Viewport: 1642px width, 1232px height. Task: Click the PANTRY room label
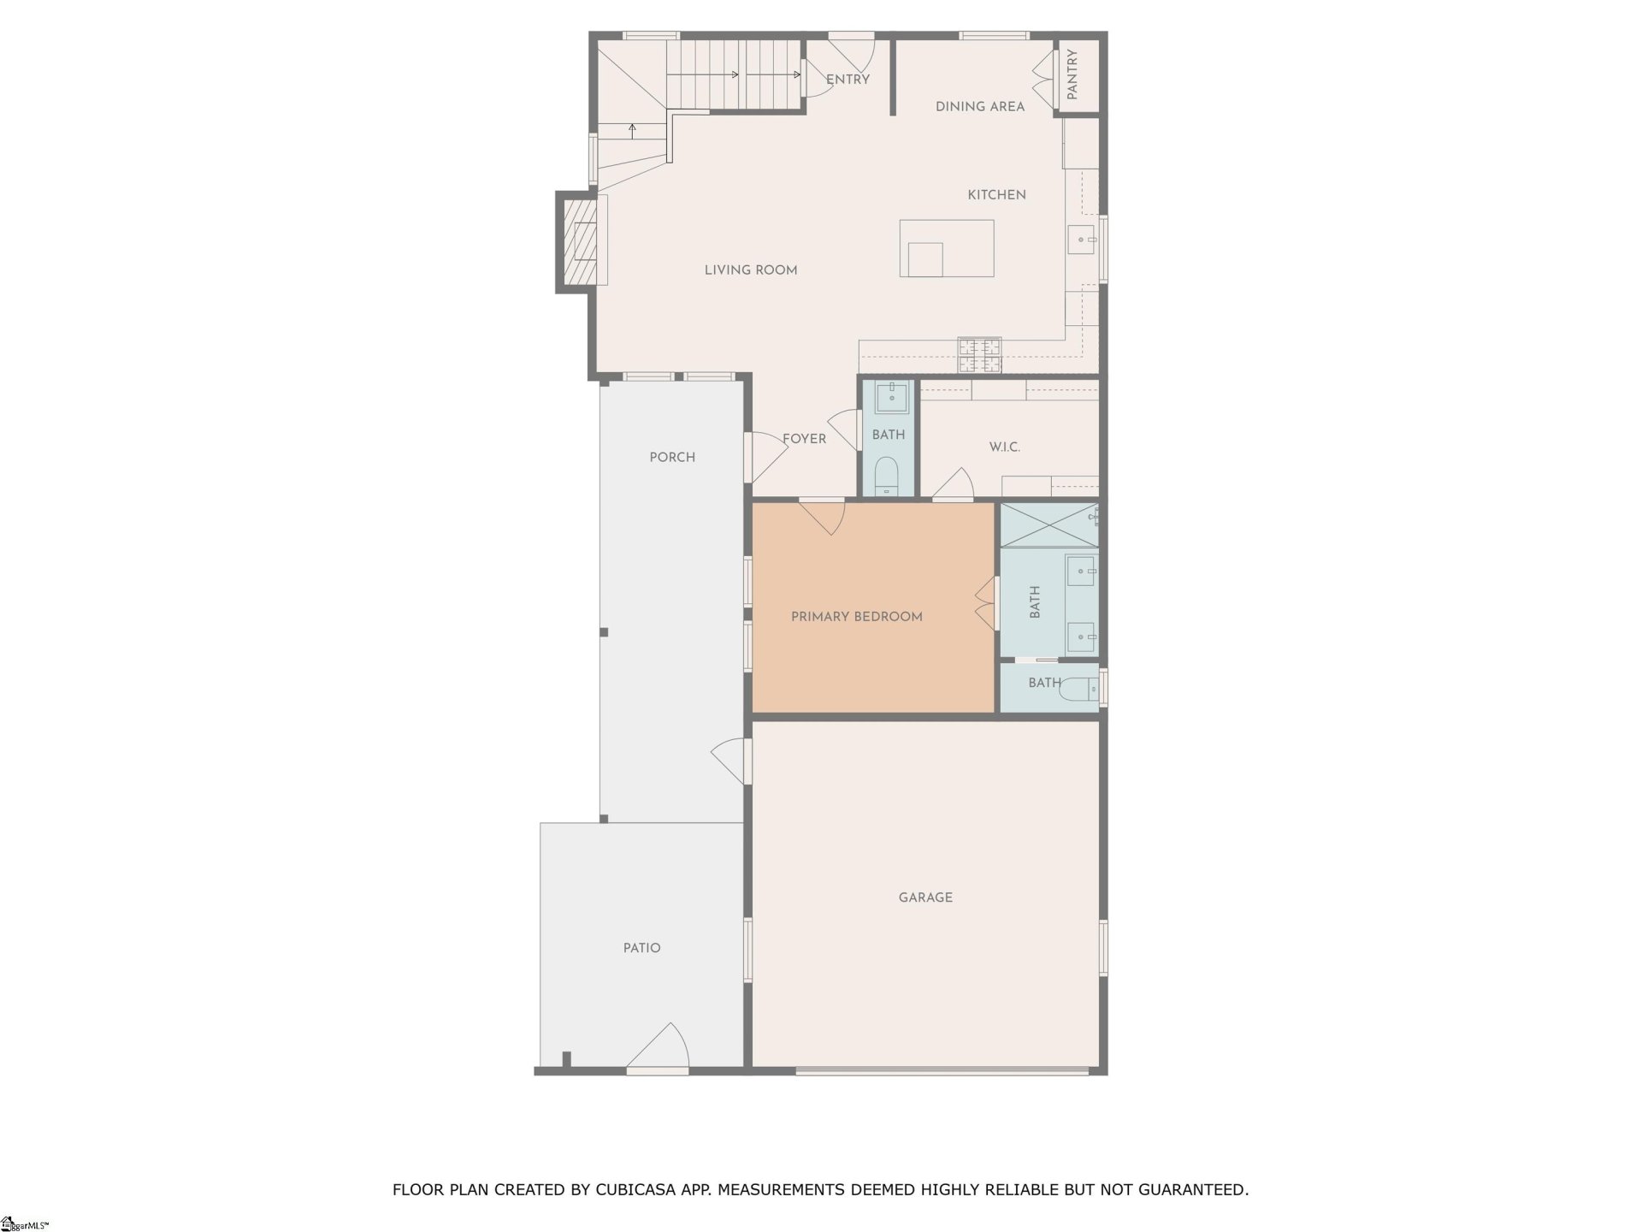[1072, 74]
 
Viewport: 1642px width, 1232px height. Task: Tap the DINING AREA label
[979, 107]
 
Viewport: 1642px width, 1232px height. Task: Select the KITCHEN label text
[996, 195]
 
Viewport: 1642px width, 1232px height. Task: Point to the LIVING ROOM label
[750, 270]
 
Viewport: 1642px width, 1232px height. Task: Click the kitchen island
[947, 248]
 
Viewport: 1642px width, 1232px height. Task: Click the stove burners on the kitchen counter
[979, 356]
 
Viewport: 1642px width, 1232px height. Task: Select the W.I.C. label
[1004, 447]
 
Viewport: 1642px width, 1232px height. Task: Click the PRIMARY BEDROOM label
[856, 617]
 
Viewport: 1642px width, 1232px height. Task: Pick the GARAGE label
[925, 897]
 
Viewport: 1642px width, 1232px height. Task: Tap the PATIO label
[641, 948]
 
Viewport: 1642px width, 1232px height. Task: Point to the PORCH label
[672, 458]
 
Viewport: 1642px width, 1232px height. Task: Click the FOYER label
[804, 439]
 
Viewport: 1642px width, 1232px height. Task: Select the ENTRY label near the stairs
[848, 80]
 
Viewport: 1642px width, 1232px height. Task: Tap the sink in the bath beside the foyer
[891, 398]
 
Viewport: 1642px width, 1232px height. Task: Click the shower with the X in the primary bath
[1048, 525]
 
